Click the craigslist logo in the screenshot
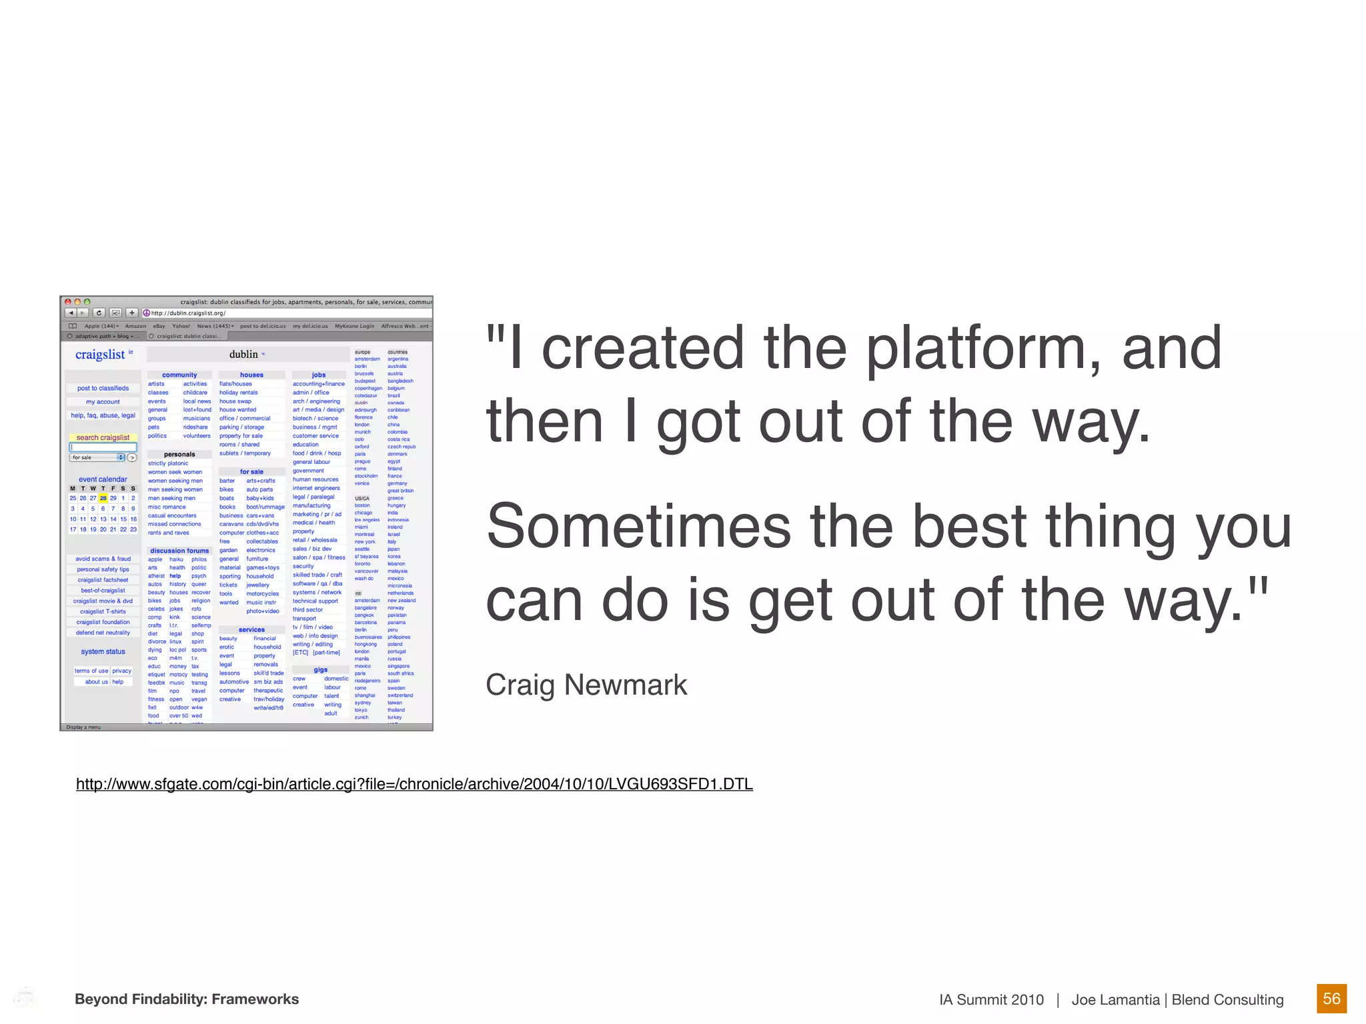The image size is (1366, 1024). [100, 355]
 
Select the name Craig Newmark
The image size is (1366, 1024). [586, 685]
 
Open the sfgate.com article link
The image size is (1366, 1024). [414, 784]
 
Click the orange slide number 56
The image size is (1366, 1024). [1331, 999]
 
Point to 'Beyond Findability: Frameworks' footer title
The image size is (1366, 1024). [187, 999]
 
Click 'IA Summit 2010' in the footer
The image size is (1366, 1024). [991, 1000]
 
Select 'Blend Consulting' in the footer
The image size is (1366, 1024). [1227, 1000]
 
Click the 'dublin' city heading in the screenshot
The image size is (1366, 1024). [244, 355]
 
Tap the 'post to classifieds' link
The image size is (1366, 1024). [103, 388]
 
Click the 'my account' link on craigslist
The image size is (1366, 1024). [103, 402]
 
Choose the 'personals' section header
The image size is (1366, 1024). [179, 455]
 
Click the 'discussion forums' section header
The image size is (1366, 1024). [179, 551]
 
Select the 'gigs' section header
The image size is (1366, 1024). [320, 670]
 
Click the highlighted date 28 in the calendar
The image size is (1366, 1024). [103, 498]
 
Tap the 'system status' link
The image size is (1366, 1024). [103, 652]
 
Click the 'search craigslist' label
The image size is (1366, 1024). [103, 438]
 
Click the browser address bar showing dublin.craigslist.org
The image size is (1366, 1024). [287, 313]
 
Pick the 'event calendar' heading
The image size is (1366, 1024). [103, 479]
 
